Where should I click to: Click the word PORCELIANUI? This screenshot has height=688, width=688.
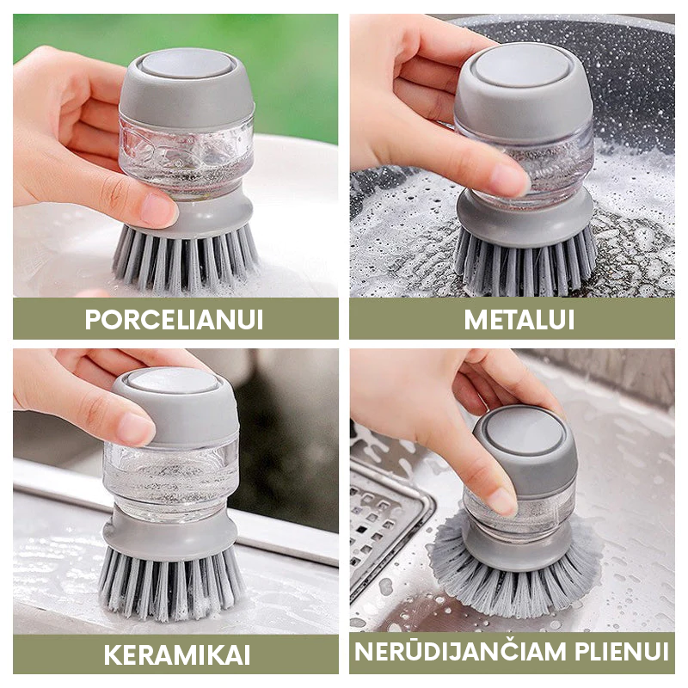click(175, 319)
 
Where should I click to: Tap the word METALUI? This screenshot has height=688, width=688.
click(519, 319)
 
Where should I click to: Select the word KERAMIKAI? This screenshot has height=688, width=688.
click(177, 655)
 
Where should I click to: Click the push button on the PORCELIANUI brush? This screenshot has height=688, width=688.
click(186, 66)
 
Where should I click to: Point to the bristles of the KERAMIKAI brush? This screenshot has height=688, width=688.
click(171, 584)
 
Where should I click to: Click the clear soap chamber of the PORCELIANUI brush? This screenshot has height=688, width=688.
click(187, 156)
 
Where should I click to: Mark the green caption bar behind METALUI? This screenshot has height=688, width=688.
click(512, 319)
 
